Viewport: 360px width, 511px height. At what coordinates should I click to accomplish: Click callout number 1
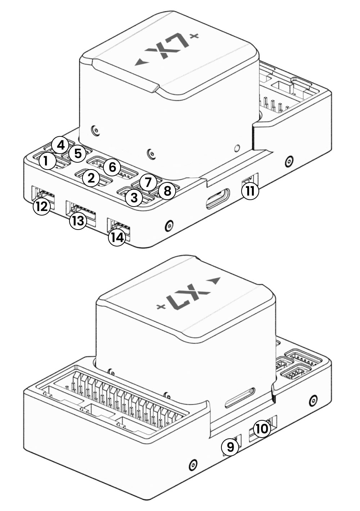(x=46, y=161)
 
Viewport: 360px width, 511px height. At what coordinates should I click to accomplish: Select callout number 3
(x=134, y=197)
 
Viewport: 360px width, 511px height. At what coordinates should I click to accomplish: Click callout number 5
(x=77, y=154)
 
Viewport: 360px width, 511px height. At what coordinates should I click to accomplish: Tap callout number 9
(x=230, y=447)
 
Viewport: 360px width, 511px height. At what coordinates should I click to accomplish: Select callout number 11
(x=250, y=191)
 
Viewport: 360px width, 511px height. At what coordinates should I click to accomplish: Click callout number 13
(x=78, y=220)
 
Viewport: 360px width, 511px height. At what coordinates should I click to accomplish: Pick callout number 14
(x=118, y=237)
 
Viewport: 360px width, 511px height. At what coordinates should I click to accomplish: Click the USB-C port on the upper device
(x=217, y=198)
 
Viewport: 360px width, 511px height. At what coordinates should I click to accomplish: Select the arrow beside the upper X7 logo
(x=141, y=63)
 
